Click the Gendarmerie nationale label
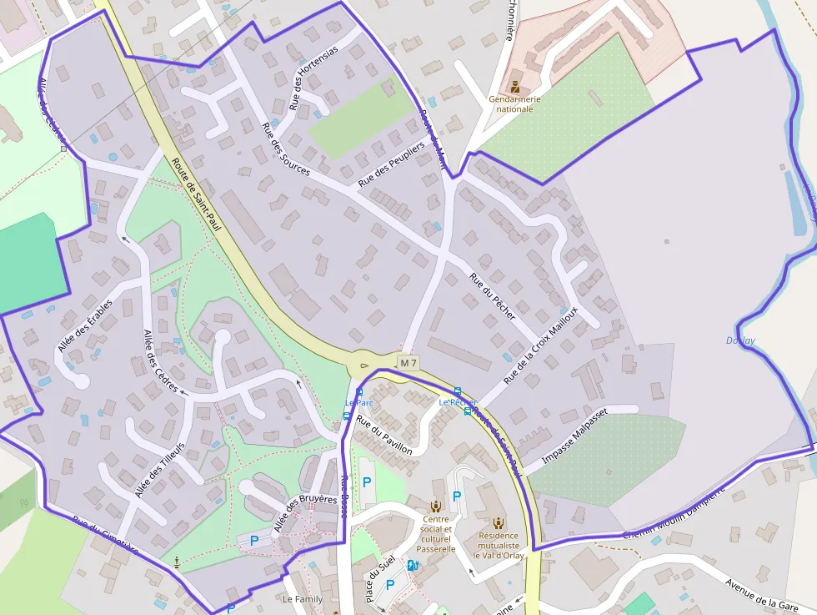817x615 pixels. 514,103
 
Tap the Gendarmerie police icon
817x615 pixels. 514,87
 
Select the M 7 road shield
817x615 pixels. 408,363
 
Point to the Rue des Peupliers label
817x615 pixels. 391,164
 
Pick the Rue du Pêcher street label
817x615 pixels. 492,296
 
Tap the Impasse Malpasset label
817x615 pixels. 575,436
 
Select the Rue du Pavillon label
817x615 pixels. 383,435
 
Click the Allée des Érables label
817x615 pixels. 85,326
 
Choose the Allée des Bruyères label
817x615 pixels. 304,512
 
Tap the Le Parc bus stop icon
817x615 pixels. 359,392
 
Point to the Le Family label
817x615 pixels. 302,599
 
